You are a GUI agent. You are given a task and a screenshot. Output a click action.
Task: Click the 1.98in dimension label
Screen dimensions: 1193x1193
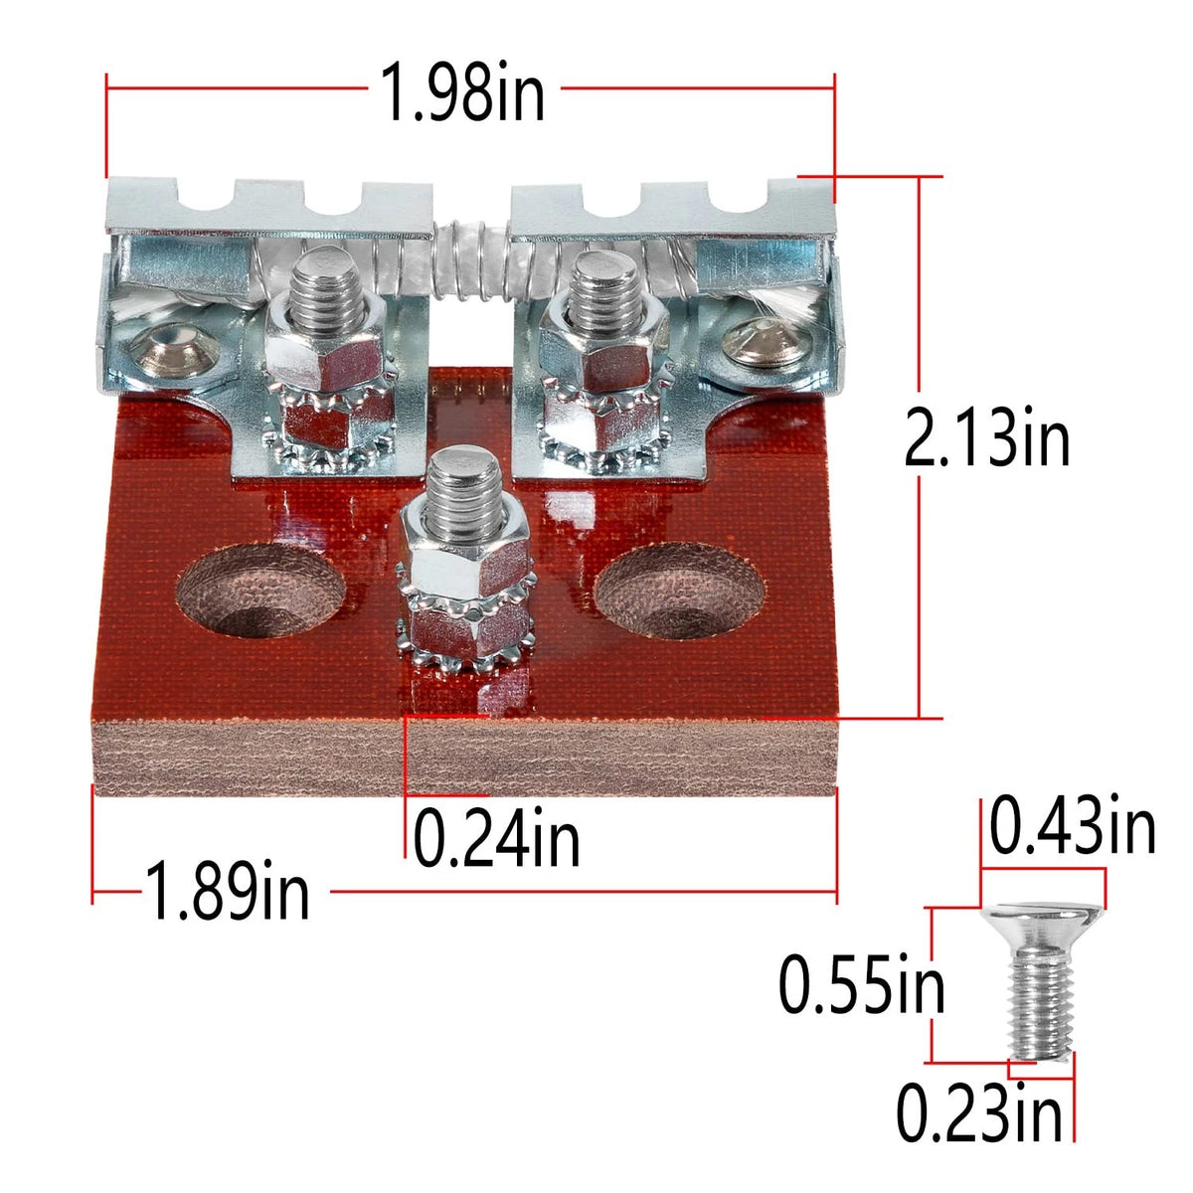coord(462,91)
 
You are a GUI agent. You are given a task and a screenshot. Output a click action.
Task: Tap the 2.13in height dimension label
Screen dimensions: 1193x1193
coord(987,437)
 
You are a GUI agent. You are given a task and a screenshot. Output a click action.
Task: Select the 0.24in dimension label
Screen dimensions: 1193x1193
coord(496,838)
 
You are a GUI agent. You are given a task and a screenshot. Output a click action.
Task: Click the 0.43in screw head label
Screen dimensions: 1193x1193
coord(1073,824)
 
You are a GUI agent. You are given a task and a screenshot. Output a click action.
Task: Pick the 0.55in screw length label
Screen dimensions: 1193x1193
coord(861,983)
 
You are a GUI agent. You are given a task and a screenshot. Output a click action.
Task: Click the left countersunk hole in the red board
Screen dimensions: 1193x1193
coord(260,590)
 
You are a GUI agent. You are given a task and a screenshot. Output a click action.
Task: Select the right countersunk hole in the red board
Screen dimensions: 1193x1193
coord(680,590)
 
